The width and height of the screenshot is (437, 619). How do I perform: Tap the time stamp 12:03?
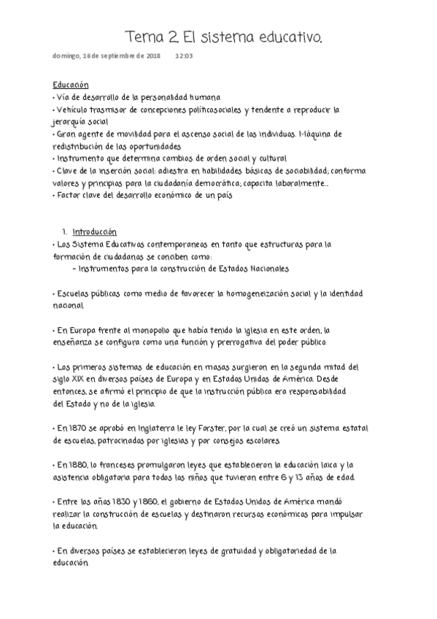tap(184, 55)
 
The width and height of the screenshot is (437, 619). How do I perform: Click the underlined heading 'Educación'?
tap(71, 85)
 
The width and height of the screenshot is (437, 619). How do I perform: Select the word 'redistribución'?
tap(79, 145)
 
